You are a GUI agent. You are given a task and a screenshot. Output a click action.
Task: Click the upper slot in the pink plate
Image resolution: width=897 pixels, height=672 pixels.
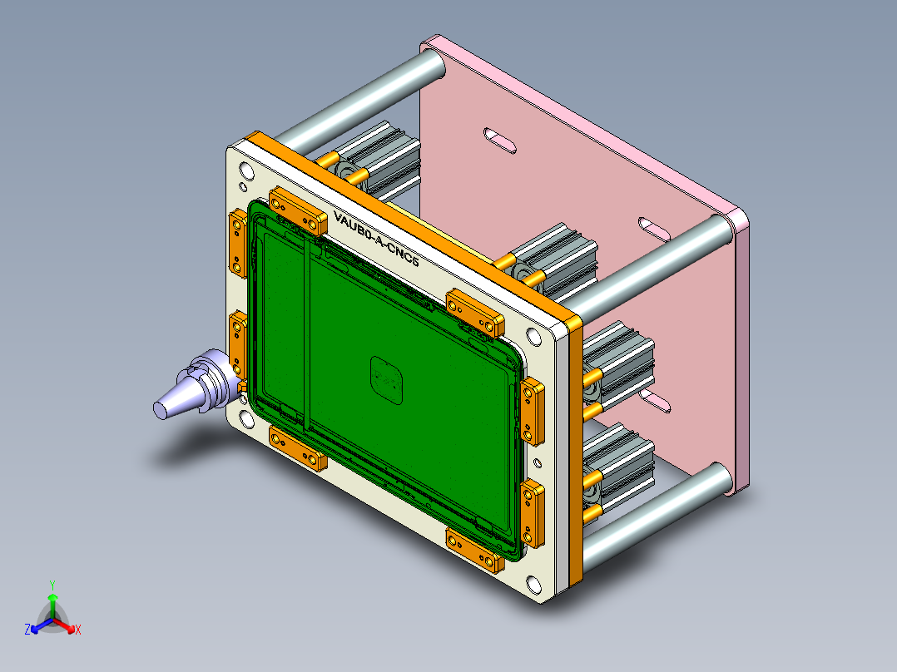pyautogui.click(x=500, y=139)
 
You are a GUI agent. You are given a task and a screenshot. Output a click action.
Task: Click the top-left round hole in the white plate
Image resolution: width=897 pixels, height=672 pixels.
pyautogui.click(x=247, y=171)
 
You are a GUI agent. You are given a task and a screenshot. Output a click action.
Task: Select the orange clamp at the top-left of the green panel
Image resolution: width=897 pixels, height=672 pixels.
pyautogui.click(x=297, y=211)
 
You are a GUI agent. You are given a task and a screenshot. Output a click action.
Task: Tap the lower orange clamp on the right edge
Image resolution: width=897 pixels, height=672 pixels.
pyautogui.click(x=531, y=514)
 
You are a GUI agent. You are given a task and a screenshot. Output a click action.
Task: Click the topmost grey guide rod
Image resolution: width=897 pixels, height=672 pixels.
pyautogui.click(x=358, y=99)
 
